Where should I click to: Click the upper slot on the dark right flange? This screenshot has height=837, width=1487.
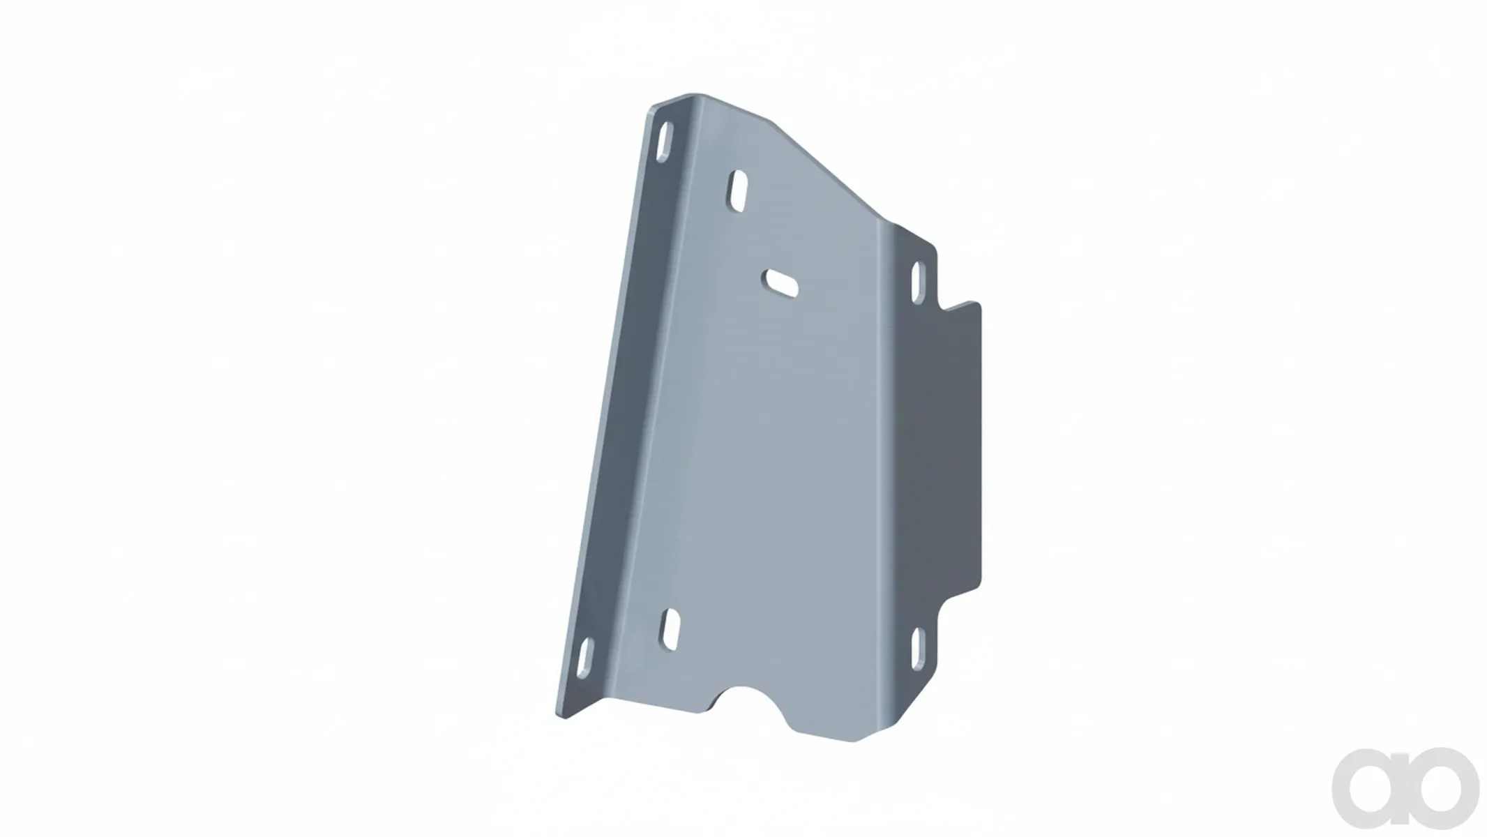(x=918, y=284)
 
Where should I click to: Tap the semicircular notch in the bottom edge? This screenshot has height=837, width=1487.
(x=753, y=706)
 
